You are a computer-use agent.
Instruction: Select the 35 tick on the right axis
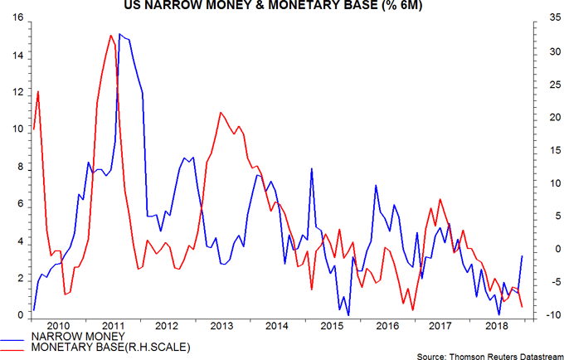(538, 17)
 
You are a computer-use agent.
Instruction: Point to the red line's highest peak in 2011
(110, 36)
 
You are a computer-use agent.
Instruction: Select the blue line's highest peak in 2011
(119, 34)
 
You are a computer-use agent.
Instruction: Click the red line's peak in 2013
(220, 112)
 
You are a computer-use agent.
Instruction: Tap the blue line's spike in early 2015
(312, 168)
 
